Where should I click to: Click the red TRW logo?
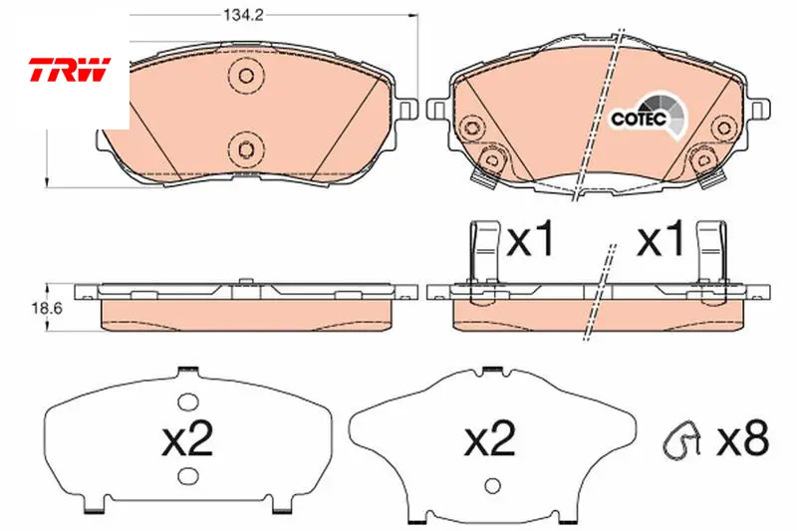(69, 70)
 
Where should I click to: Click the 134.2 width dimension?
(244, 15)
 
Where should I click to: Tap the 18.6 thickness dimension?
(47, 309)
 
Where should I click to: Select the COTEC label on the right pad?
(639, 119)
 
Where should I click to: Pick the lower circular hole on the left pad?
(246, 149)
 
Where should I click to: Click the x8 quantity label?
(742, 437)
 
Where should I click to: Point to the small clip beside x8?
(682, 437)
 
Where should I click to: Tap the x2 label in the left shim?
(187, 438)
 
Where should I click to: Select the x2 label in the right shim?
(490, 438)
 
